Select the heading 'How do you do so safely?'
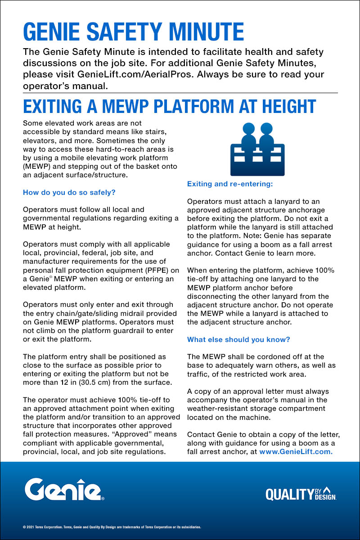point(69,193)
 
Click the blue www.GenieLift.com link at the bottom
point(296,451)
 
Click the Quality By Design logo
point(301,494)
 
